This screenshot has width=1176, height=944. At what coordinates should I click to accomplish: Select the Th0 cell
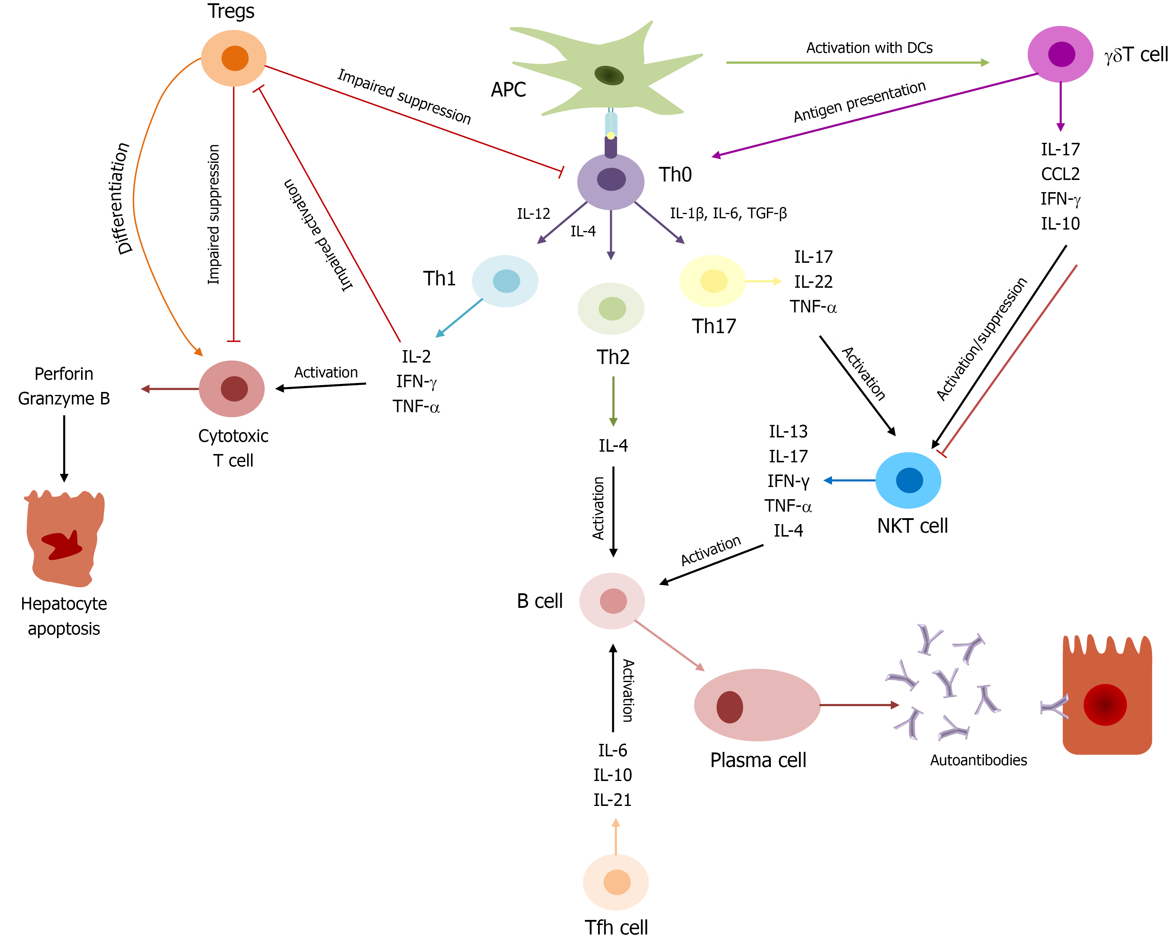611,181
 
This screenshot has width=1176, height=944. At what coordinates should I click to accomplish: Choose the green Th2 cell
611,309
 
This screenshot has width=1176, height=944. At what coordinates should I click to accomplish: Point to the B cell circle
612,601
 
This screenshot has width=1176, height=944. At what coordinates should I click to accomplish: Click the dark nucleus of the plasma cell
729,707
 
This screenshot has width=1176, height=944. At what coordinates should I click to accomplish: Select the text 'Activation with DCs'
869,48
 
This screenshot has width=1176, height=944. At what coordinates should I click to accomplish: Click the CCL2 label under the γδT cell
1060,174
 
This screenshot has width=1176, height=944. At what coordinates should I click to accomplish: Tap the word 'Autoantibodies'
978,760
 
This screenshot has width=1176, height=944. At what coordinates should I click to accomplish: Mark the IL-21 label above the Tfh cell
612,800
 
